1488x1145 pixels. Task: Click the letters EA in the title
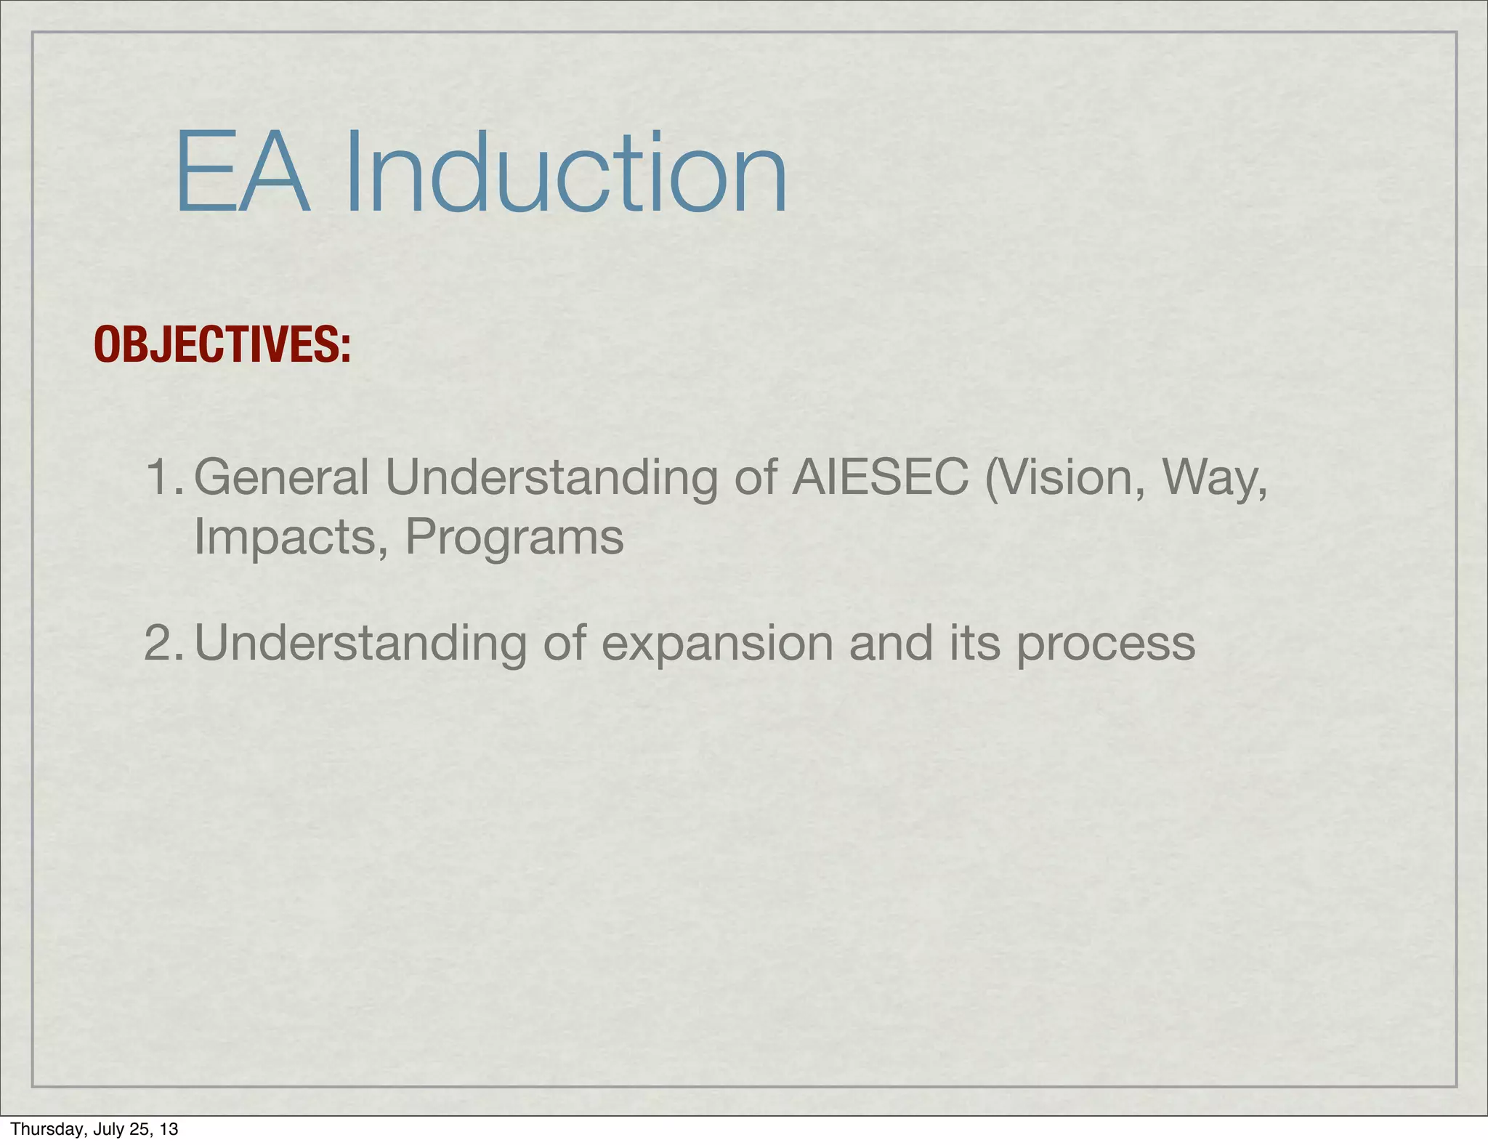[x=242, y=174]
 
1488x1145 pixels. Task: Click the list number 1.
[x=163, y=477]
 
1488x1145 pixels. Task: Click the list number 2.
[x=163, y=643]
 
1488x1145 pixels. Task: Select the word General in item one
[x=282, y=479]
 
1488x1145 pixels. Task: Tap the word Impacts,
[x=291, y=538]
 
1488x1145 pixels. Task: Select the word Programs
[x=514, y=538]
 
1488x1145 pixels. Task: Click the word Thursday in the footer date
[x=41, y=1129]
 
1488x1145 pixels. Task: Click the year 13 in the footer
[x=169, y=1129]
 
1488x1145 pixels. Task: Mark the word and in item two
[x=890, y=643]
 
